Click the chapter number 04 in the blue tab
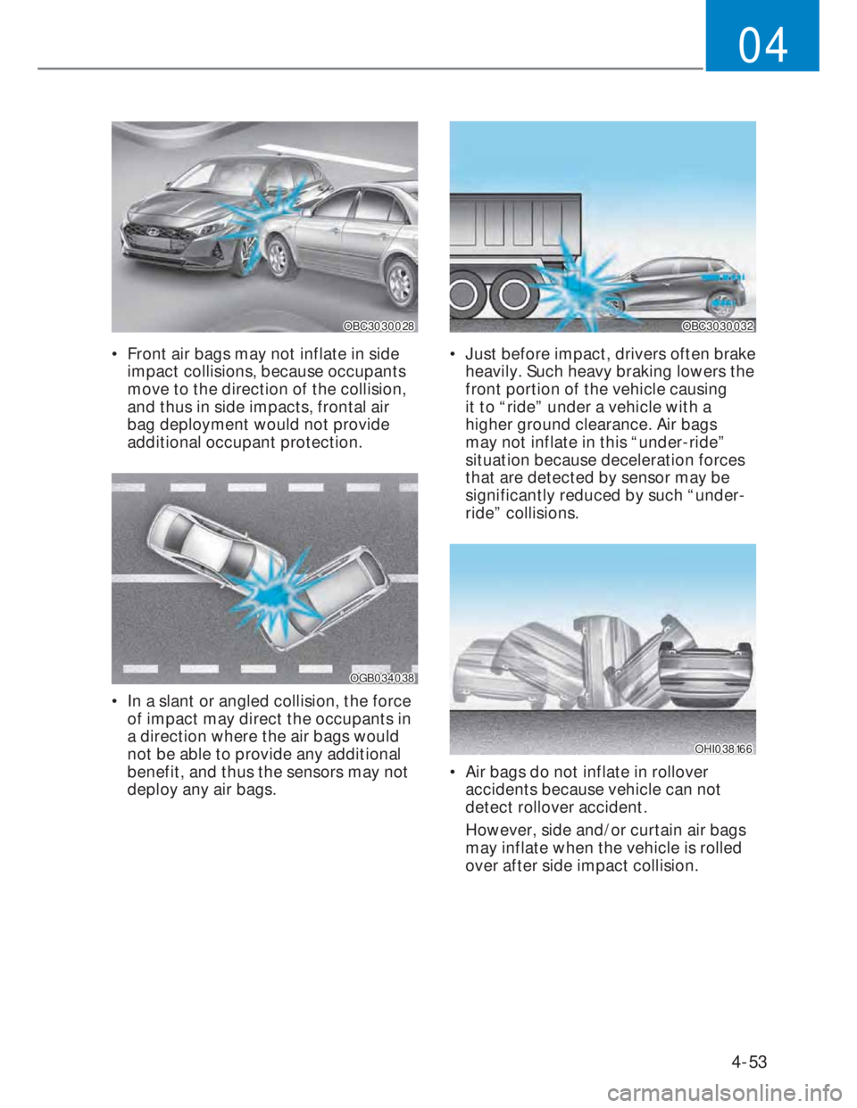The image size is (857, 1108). point(763,45)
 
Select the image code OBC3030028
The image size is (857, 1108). point(379,326)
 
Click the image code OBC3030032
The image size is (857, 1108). point(718,326)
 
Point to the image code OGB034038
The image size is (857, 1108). point(382,678)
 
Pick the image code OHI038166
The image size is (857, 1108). point(724,748)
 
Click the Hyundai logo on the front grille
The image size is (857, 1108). point(152,232)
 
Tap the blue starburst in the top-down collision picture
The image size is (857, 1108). point(277,595)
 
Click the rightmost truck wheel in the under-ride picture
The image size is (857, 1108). point(512,296)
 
